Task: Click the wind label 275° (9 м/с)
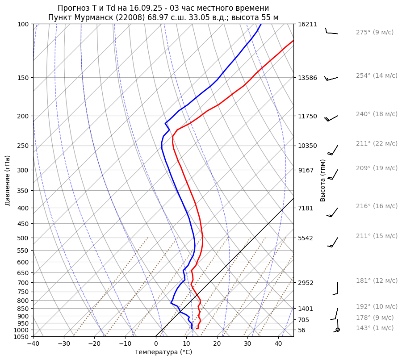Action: point(374,33)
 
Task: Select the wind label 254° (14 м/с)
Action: point(376,76)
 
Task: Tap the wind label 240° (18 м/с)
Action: point(376,114)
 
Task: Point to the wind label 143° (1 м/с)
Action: point(374,328)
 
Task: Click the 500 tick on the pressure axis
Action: point(23,238)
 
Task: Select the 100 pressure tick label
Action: point(23,24)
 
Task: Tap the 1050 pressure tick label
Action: point(22,337)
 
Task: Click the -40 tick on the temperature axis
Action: point(33,344)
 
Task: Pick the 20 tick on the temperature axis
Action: point(217,344)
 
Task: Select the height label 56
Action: point(302,330)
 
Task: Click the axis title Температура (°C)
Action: point(163,352)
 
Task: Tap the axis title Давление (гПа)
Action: point(8,180)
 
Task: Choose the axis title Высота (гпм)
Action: point(323,180)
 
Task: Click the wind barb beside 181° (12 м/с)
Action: point(336,289)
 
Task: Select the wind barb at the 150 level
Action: point(331,78)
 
